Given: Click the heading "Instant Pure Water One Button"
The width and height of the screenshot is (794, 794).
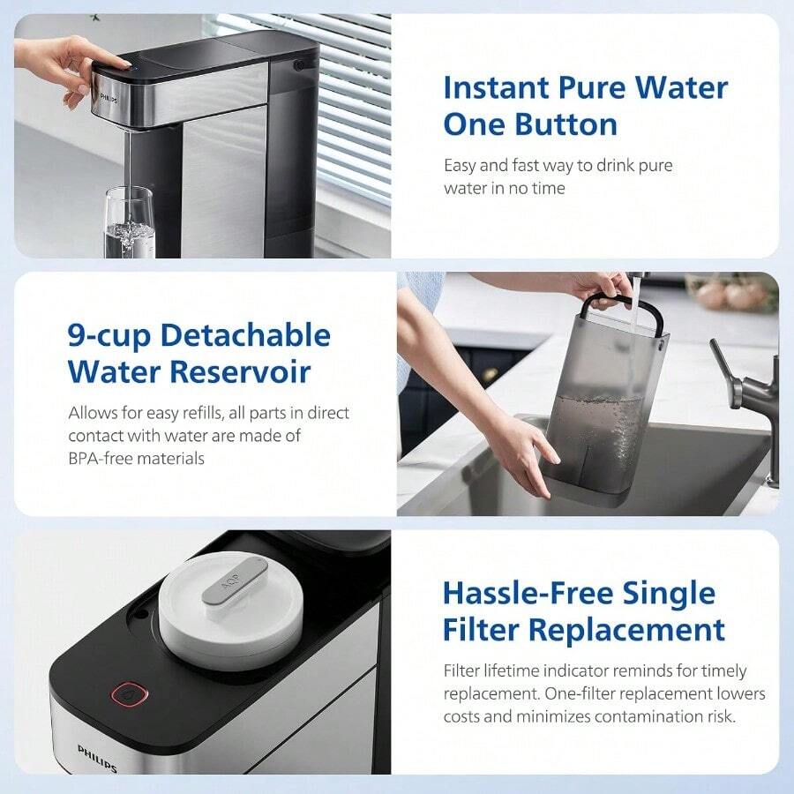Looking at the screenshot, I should (x=585, y=106).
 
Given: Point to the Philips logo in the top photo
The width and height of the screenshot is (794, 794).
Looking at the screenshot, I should (x=108, y=98).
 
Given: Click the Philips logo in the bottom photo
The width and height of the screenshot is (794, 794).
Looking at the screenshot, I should (x=96, y=758).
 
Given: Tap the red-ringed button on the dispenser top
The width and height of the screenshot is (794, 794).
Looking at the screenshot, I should (x=128, y=693).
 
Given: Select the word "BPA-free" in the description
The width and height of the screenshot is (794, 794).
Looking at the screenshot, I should (x=105, y=459).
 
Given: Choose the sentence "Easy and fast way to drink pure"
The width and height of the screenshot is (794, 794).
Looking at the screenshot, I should (x=558, y=165).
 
